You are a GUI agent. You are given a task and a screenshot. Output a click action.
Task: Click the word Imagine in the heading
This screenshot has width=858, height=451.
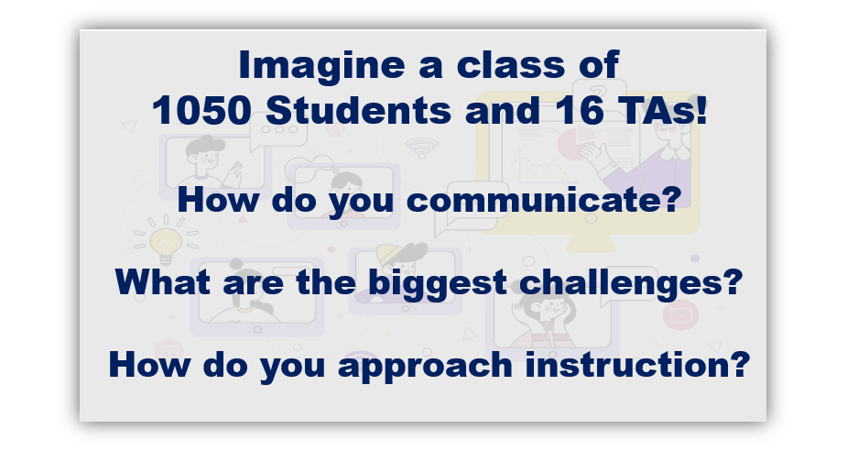(321, 66)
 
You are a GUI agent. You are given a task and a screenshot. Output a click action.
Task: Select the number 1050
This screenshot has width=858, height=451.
(201, 110)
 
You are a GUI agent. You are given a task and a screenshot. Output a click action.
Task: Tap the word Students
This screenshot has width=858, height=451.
(358, 110)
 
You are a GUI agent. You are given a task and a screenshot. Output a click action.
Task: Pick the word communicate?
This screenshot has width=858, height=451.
(544, 200)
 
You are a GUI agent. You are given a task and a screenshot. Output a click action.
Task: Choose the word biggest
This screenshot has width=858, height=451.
(437, 284)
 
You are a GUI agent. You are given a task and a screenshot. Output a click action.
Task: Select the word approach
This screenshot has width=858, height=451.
(425, 366)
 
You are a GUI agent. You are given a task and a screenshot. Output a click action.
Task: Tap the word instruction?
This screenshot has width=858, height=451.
(637, 364)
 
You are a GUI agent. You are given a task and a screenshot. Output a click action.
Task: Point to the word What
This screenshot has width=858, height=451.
(162, 282)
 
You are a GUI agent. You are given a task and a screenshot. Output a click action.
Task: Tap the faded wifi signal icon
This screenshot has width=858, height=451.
(422, 148)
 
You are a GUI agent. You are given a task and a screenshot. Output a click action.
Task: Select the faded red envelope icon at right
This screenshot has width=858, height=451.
(680, 315)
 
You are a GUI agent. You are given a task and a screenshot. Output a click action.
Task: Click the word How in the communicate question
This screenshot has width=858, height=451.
(218, 200)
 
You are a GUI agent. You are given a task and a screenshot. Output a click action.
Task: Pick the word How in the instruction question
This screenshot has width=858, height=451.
(149, 365)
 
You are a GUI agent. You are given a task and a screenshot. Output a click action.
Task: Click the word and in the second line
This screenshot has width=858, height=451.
(503, 110)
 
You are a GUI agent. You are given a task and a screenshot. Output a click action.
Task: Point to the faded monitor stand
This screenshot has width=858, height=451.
(591, 243)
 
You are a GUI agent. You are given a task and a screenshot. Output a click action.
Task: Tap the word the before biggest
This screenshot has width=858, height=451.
(326, 282)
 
